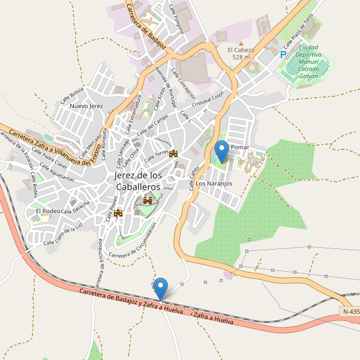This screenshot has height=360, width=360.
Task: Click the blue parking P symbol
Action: [283, 54]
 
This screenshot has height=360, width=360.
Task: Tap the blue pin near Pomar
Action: [222, 151]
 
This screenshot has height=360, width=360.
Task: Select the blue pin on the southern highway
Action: [160, 289]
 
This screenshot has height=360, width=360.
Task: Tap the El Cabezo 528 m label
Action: [241, 53]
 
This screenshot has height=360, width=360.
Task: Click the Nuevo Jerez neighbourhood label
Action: [87, 106]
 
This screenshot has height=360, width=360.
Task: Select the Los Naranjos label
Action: [214, 184]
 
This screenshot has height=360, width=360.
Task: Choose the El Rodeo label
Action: [47, 211]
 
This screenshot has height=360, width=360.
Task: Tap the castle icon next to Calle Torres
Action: [174, 154]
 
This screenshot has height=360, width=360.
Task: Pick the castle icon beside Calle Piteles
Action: [118, 212]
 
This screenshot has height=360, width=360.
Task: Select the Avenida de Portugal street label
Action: [164, 84]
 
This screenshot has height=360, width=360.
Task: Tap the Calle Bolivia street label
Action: [72, 95]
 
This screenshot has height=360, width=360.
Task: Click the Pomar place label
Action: [239, 147]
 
